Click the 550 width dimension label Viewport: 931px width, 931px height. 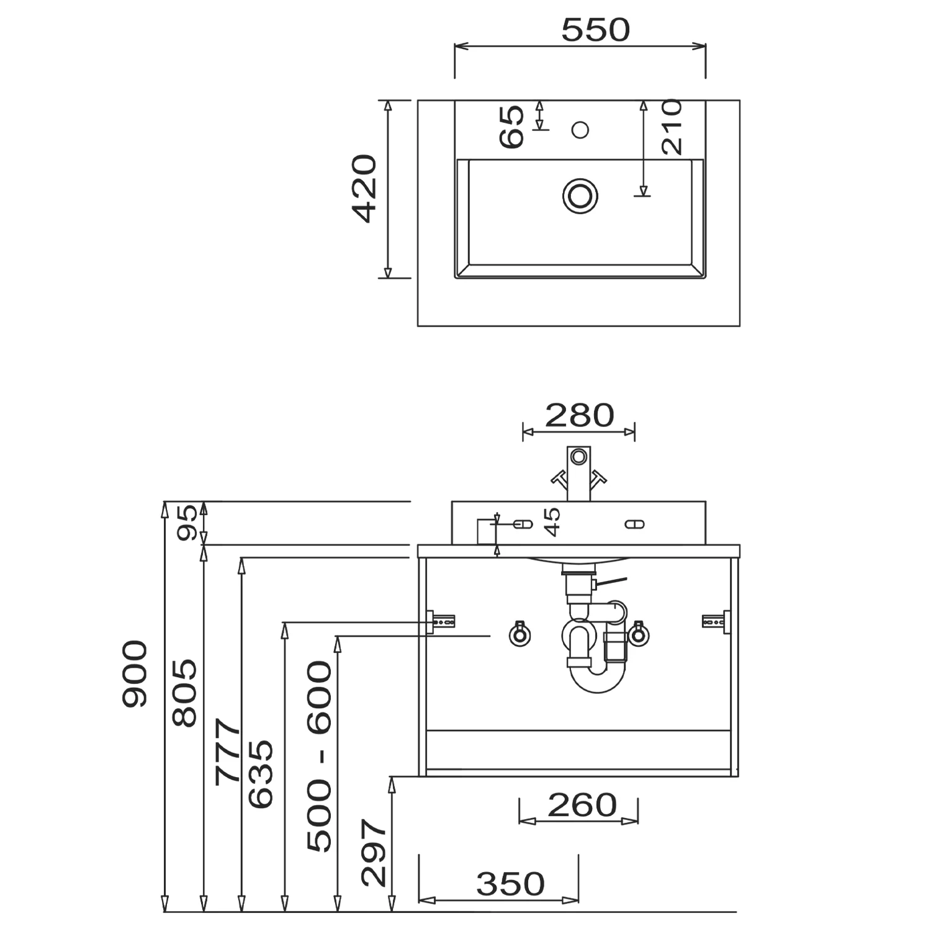595,30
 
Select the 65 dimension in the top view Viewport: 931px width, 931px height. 512,127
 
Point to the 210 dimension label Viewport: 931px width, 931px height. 672,127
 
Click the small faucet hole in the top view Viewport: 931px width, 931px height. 580,130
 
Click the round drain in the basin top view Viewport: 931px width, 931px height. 580,196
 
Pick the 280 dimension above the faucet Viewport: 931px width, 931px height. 579,415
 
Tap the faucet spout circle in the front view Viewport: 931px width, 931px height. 579,457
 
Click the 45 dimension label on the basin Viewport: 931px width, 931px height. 552,521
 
